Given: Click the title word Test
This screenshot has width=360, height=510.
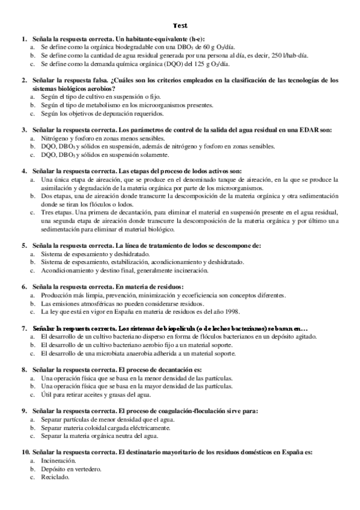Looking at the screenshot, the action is coord(180,26).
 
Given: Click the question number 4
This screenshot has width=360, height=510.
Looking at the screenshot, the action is coord(24,171).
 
